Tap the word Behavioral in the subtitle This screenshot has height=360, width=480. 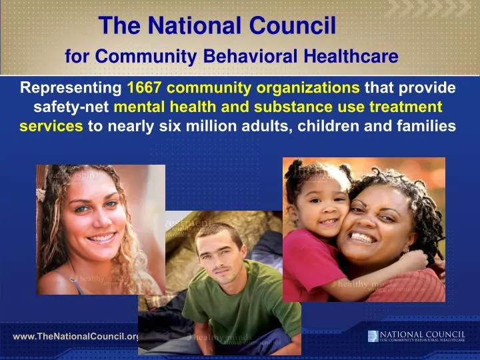[255, 57]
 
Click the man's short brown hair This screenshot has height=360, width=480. [213, 233]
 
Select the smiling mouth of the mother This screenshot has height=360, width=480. [363, 237]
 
